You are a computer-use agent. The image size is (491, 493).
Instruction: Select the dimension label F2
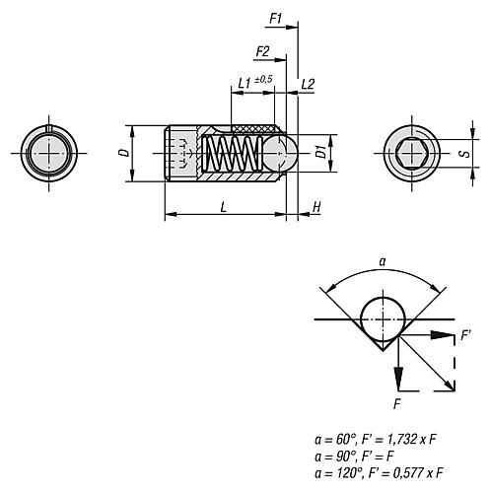click(262, 49)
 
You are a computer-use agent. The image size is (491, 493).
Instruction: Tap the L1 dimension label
click(244, 85)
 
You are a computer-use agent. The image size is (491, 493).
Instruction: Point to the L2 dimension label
click(308, 85)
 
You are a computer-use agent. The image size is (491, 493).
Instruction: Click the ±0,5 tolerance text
click(263, 79)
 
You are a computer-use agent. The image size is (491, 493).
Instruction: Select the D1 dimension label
click(319, 153)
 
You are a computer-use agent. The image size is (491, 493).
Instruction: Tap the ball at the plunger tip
click(280, 153)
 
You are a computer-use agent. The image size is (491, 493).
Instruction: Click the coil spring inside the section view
click(233, 154)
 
